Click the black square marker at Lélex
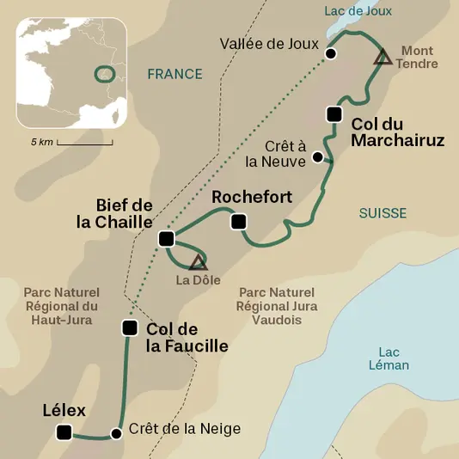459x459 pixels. [64, 432]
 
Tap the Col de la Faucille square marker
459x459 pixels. [130, 327]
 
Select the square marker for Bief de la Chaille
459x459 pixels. [167, 238]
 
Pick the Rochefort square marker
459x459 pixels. [239, 222]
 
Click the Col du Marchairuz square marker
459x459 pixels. [334, 114]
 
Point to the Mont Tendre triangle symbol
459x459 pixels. [383, 58]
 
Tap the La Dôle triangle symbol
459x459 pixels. [198, 263]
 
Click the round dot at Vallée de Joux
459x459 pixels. [331, 54]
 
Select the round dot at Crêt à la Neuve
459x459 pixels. [318, 157]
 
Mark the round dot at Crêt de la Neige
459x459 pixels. [116, 432]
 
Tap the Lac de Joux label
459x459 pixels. [358, 11]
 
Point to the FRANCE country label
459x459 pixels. [174, 75]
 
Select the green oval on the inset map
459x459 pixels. [105, 74]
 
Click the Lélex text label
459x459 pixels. [64, 410]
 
